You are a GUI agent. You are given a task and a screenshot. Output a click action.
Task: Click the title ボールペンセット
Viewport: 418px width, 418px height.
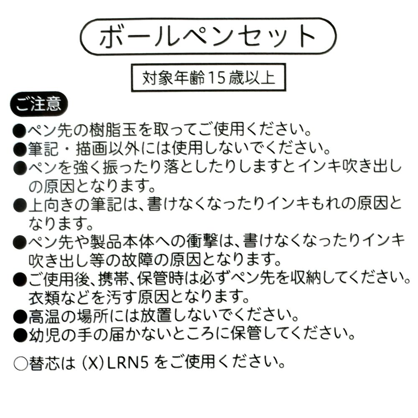click(x=208, y=36)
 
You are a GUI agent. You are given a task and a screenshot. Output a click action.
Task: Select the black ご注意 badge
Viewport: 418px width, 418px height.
click(x=39, y=104)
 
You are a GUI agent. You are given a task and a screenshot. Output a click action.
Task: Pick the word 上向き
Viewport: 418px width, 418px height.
click(x=52, y=204)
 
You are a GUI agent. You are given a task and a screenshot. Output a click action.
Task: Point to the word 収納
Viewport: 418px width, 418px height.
click(x=307, y=278)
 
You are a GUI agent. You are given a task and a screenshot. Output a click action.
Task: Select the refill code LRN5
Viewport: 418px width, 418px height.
click(x=127, y=362)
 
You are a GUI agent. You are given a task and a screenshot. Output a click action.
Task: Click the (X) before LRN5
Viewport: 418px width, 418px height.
click(x=93, y=363)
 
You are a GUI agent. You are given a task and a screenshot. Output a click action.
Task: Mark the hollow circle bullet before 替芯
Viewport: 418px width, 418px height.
click(x=20, y=363)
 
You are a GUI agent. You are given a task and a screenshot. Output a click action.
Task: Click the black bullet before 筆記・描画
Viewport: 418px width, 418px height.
click(x=20, y=149)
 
